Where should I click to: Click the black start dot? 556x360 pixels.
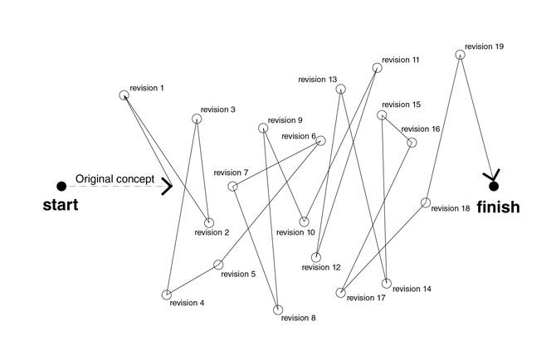(x=61, y=186)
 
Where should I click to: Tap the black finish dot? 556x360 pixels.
(x=494, y=186)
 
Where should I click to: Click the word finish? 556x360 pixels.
(x=498, y=207)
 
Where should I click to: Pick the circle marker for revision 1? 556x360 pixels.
(x=124, y=95)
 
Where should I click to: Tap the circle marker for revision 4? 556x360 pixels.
(x=167, y=294)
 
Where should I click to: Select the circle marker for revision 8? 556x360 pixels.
(x=279, y=310)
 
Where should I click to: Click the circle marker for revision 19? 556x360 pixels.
(x=460, y=55)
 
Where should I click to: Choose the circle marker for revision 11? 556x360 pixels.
(x=376, y=68)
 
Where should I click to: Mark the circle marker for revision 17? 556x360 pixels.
(x=340, y=292)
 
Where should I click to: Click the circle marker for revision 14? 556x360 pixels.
(x=386, y=285)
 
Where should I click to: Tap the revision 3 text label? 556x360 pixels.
(x=218, y=109)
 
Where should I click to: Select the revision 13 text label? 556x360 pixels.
(x=318, y=80)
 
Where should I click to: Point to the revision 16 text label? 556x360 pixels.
(x=421, y=129)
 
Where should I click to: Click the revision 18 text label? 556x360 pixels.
(x=451, y=208)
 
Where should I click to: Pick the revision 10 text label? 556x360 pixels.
(x=296, y=232)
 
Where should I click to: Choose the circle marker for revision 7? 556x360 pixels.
(x=233, y=186)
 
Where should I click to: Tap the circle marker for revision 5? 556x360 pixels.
(x=218, y=265)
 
